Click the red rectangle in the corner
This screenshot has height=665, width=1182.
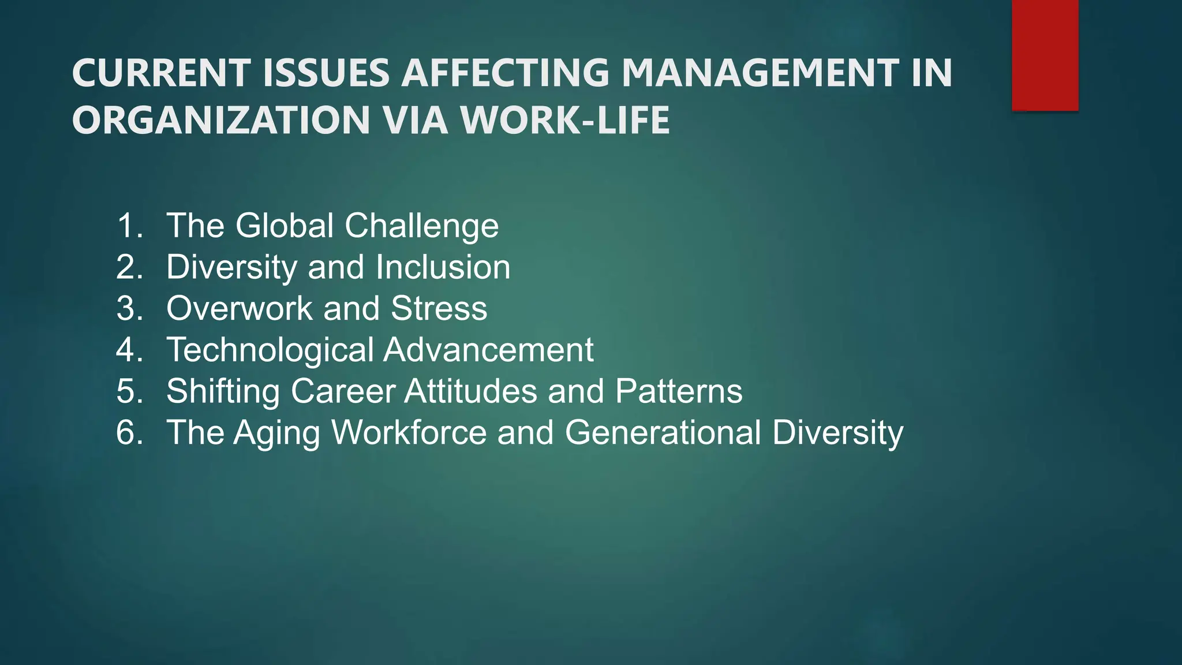[x=1045, y=55]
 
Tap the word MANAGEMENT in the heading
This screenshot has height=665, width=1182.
[x=760, y=73]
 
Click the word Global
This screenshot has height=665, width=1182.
[x=285, y=225]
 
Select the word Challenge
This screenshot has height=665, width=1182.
[x=422, y=226]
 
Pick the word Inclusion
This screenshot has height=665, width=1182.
[x=443, y=267]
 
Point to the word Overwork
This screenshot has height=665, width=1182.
[x=240, y=308]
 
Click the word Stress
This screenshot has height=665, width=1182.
[x=439, y=308]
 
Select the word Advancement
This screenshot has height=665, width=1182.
[x=489, y=350]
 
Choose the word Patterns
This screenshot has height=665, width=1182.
[x=679, y=391]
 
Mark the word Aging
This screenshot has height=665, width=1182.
[x=276, y=434]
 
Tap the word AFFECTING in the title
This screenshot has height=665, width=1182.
[x=505, y=73]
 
